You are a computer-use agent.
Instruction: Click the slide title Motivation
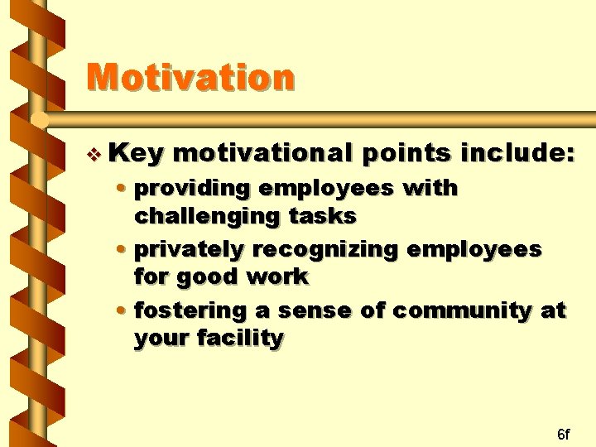tap(190, 77)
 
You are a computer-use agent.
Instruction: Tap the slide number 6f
tap(564, 434)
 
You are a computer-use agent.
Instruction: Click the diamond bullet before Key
tap(94, 155)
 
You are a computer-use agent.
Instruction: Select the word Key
tap(136, 154)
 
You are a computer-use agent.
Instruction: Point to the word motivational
tap(262, 153)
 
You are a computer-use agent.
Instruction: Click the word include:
tap(517, 152)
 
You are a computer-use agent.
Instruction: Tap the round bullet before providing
tap(121, 187)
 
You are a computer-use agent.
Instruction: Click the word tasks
tap(322, 216)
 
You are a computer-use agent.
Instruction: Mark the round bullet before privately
tap(121, 249)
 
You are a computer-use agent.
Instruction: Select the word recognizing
tap(325, 251)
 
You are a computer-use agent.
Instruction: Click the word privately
tap(189, 251)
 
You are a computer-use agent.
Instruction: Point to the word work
tap(277, 276)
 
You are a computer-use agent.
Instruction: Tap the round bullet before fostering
tap(121, 310)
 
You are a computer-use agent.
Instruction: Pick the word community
tap(462, 312)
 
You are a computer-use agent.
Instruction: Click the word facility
tap(240, 338)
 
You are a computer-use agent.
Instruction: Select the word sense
tap(315, 311)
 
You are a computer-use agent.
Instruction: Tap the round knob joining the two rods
tap(40, 120)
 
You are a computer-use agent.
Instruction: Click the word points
tap(406, 154)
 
